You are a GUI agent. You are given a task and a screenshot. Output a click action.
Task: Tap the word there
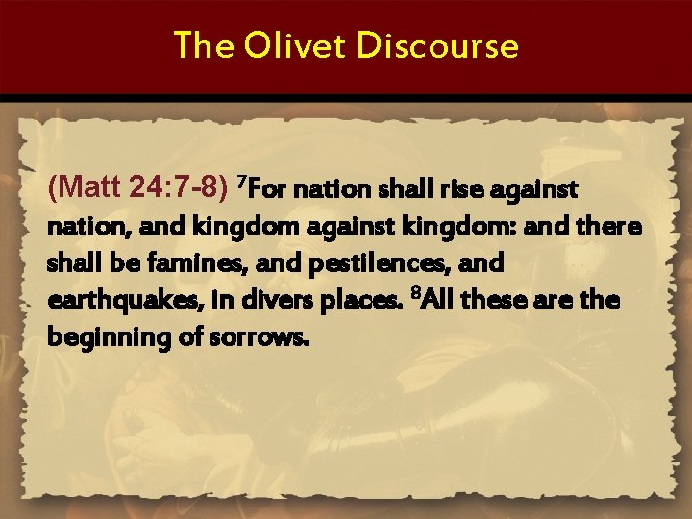(609, 228)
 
